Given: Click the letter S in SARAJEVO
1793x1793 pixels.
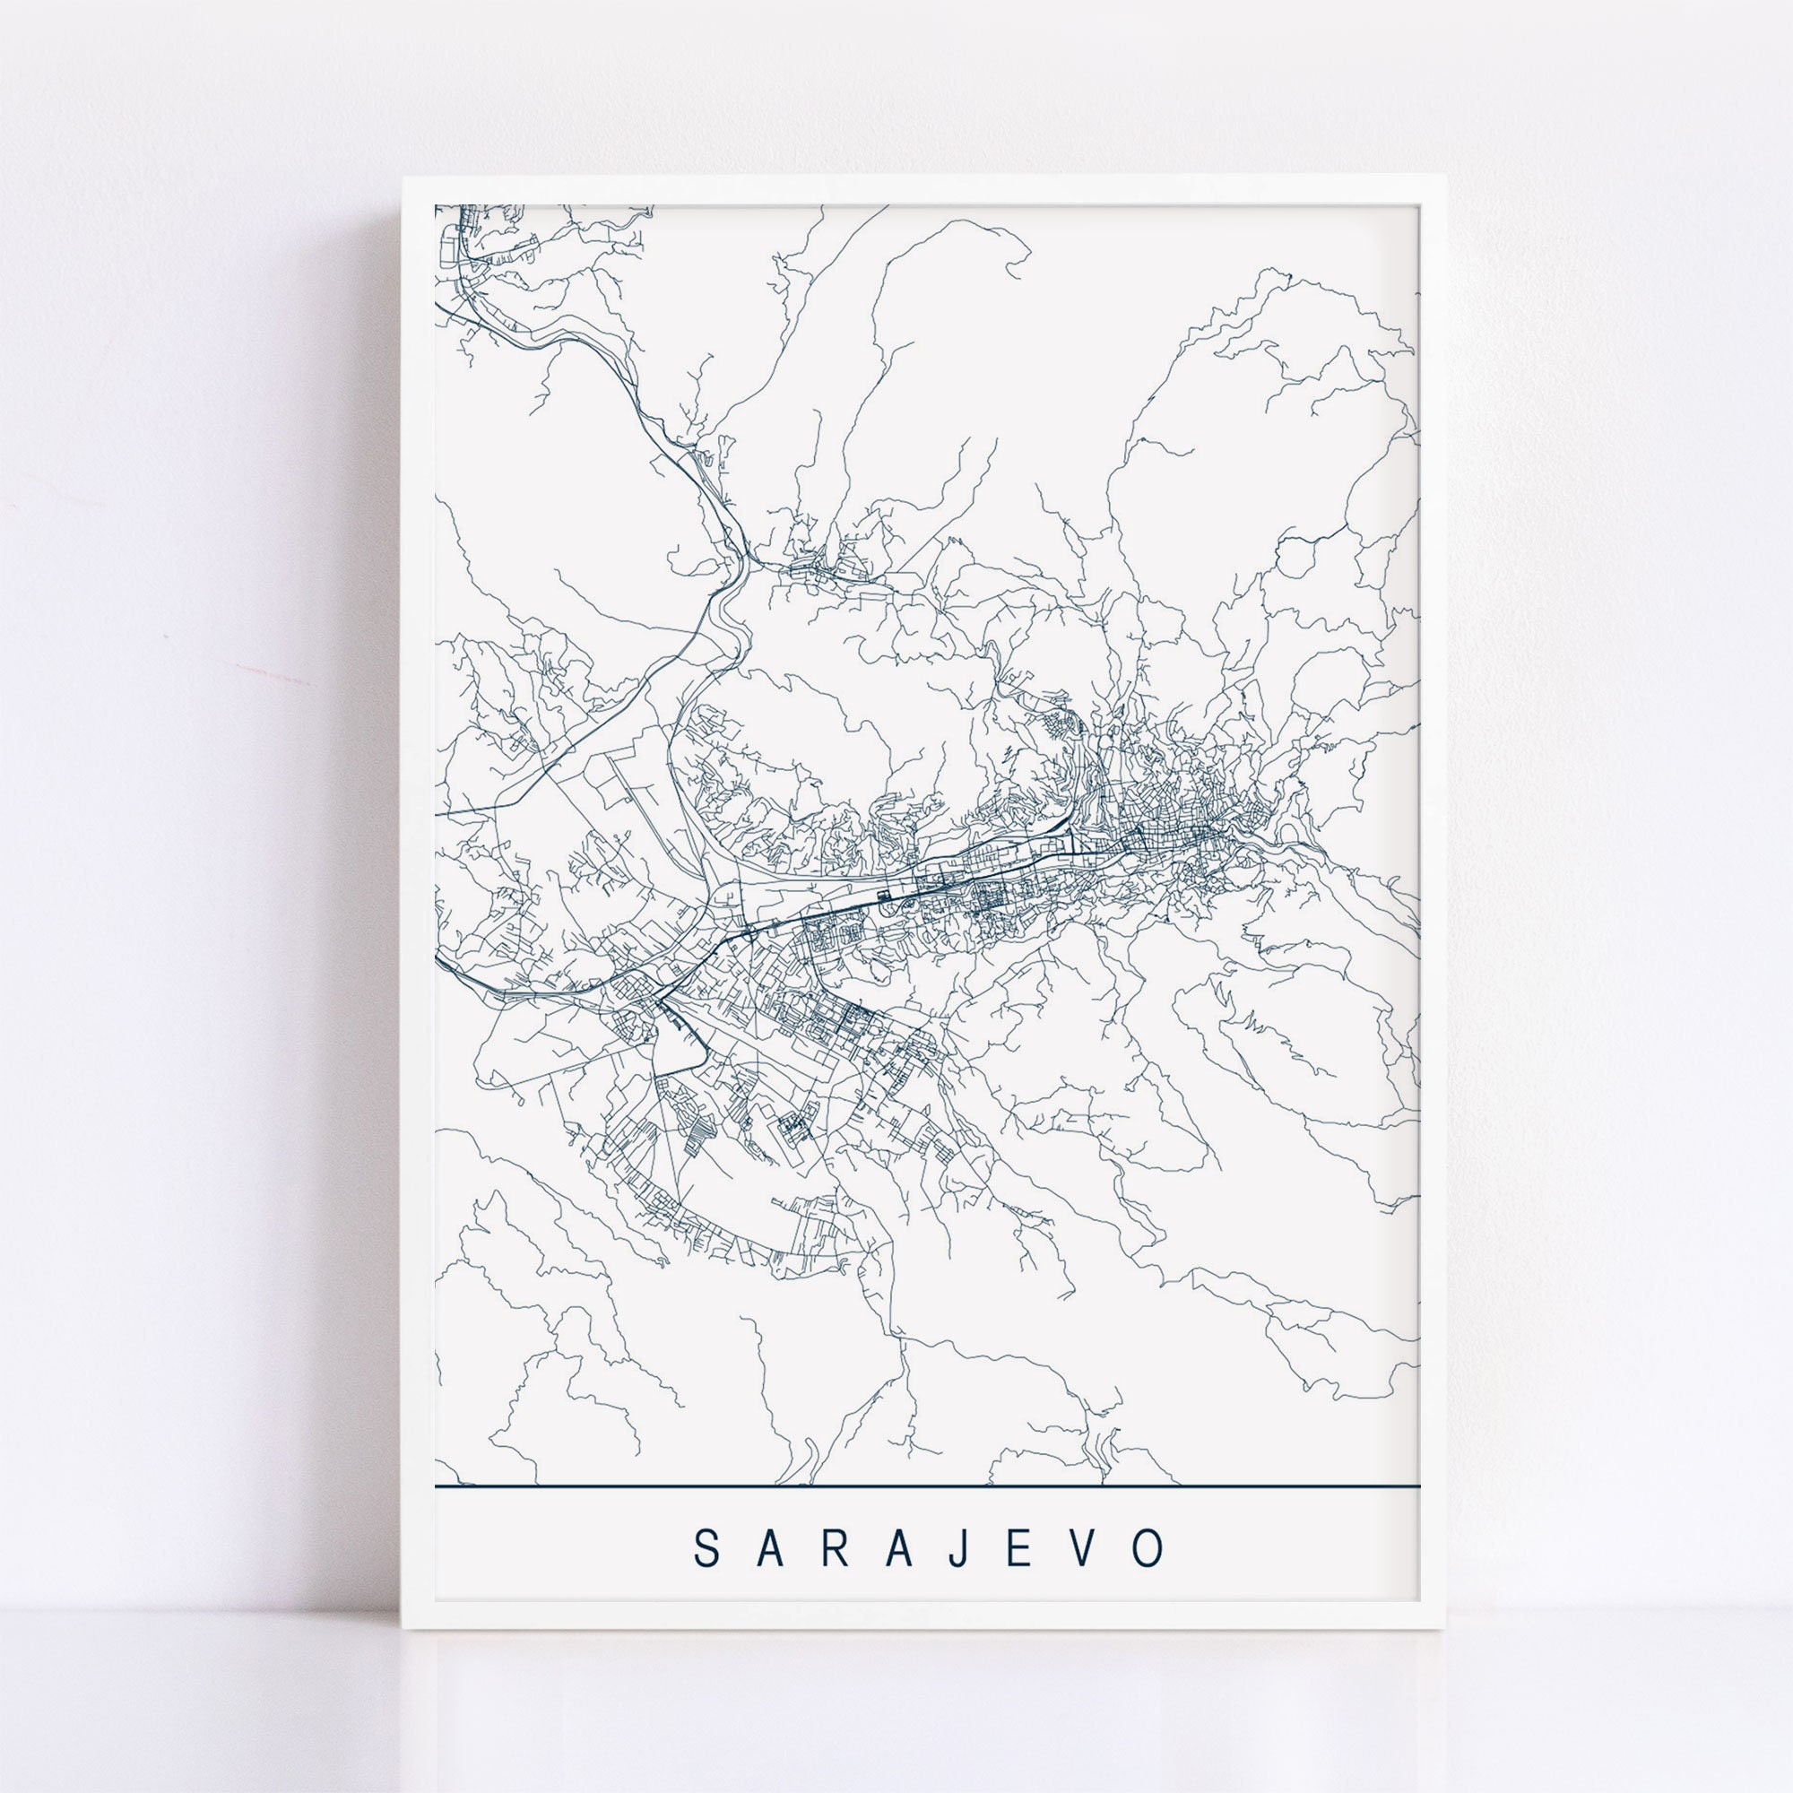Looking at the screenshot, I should click(707, 1547).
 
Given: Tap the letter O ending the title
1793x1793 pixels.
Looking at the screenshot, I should click(1149, 1547).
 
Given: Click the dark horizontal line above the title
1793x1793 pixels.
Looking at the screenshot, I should click(928, 1486).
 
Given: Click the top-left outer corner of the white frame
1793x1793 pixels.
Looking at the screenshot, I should click(403, 176).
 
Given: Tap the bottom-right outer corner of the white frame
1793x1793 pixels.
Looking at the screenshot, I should click(1448, 1629).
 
